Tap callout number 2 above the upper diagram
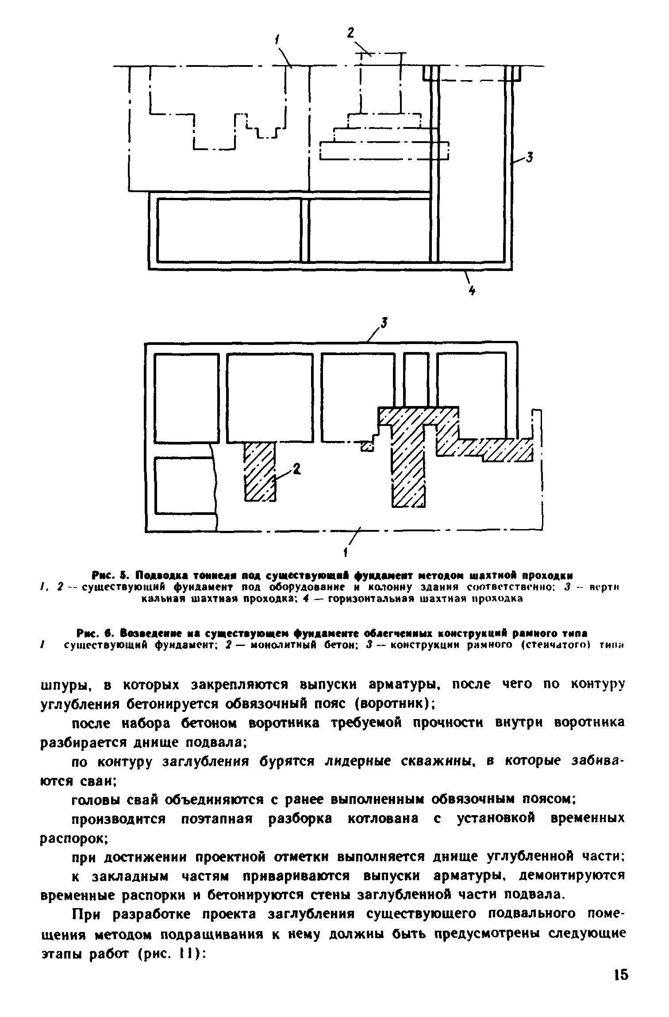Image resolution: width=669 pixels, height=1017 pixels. point(351,33)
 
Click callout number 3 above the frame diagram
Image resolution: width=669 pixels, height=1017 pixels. point(384,324)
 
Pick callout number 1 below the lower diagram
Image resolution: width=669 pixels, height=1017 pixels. point(346,553)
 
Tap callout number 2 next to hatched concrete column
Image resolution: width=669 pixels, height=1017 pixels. point(296,468)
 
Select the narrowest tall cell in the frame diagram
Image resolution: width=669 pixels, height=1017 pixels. point(416,379)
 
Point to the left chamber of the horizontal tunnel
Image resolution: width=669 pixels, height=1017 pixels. point(229,230)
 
